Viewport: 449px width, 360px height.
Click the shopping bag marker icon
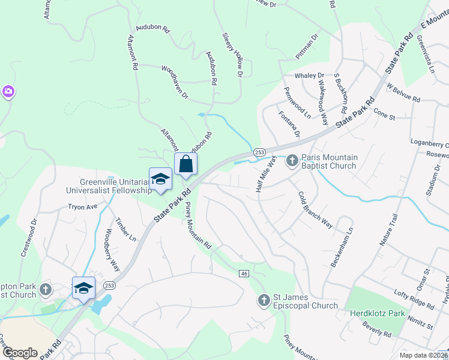coord(186,164)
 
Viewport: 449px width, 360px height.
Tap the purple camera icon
coord(8,92)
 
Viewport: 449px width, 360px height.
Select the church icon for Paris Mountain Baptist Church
coord(292,160)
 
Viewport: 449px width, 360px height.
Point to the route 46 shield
coord(243,274)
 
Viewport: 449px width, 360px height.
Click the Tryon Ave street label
coord(82,207)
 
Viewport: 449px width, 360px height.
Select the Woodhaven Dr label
coord(175,82)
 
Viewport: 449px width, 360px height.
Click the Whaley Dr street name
coord(309,76)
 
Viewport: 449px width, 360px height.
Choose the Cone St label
coord(384,113)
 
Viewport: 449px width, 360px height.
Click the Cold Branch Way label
coord(315,209)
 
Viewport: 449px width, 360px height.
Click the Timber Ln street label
coord(125,229)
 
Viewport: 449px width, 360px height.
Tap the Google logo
coord(20,353)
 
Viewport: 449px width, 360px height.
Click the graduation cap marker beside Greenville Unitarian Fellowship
coord(160,179)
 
